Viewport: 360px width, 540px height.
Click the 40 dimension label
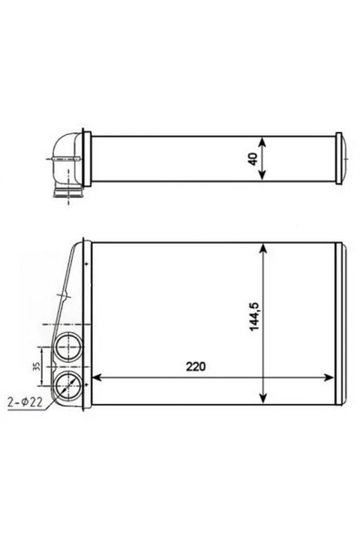tap(253, 159)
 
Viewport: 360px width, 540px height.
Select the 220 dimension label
tap(195, 367)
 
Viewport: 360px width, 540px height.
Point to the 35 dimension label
tap(36, 366)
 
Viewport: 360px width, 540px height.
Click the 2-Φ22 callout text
tap(25, 402)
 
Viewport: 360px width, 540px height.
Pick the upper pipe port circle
tap(68, 347)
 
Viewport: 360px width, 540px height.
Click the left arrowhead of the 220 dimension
tap(97, 378)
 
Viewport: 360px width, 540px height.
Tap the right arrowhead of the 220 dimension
tap(329, 378)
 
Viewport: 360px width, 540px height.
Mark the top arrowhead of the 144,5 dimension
tap(263, 248)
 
